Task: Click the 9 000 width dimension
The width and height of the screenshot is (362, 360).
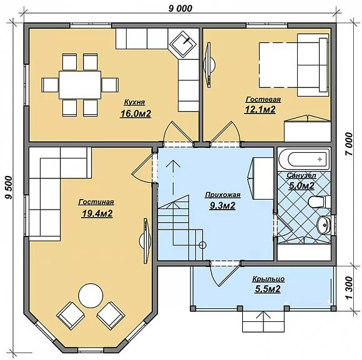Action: pos(180,9)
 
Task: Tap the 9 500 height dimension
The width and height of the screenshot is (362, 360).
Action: pos(9,187)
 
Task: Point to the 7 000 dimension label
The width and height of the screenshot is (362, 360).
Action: pos(350,144)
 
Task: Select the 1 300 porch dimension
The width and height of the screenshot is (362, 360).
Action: pos(350,288)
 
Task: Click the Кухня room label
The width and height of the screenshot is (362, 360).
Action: pos(135,102)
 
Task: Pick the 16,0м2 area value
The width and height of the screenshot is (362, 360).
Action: pos(135,114)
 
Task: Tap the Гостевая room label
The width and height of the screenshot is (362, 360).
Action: pos(263,99)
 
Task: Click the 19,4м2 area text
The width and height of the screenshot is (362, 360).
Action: pos(97,213)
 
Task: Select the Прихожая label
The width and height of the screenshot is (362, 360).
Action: pos(223,195)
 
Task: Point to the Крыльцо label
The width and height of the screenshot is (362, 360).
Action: pos(268,280)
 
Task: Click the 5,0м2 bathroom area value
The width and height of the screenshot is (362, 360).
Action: pos(301,185)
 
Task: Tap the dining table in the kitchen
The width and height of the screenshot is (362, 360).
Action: pos(80,85)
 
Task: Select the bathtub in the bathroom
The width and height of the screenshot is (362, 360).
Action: pos(304,159)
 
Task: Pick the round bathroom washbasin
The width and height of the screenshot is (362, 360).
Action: pos(324,225)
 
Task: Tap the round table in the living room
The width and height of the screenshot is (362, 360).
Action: pos(90,295)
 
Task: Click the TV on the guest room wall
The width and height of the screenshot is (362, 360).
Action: pos(209,65)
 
